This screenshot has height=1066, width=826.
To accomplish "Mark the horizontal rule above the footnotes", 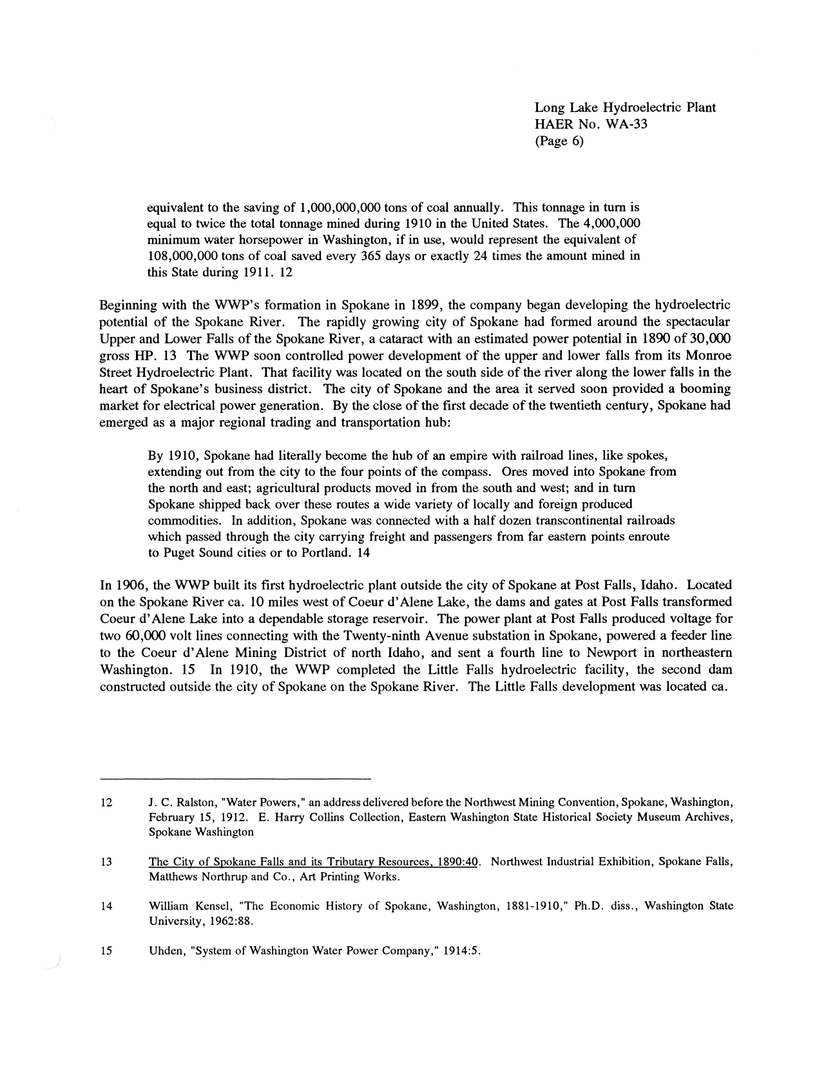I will (x=236, y=779).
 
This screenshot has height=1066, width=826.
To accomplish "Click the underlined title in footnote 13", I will (x=313, y=862).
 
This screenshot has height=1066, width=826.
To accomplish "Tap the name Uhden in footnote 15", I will (x=164, y=950).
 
